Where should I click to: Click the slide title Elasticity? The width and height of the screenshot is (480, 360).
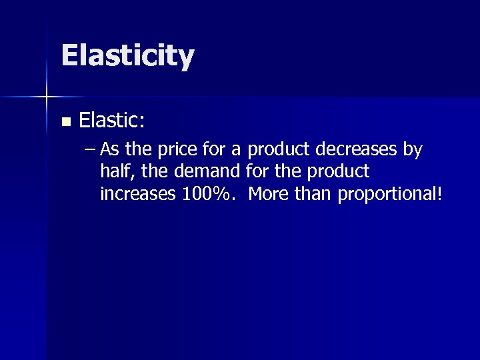tap(127, 56)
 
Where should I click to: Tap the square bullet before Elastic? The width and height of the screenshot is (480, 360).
tap(65, 122)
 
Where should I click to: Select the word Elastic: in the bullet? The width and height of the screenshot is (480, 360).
tap(112, 121)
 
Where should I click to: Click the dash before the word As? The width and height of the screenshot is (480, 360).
tap(90, 150)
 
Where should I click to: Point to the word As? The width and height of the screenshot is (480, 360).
tap(109, 150)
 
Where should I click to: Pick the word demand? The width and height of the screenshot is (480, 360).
tap(207, 171)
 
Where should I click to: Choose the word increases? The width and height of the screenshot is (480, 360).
tap(137, 193)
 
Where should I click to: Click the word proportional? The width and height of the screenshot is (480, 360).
tap(391, 194)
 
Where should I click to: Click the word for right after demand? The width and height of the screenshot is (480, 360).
tap(257, 171)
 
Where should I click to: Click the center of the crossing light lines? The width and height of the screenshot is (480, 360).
tap(47, 97)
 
